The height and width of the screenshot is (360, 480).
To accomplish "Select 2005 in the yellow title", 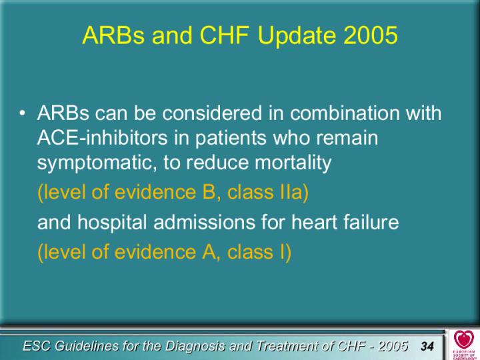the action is pos(371,35).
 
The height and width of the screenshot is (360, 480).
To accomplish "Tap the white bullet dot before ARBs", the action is pos(22,113).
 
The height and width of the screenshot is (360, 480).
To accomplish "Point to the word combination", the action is pos(345,113).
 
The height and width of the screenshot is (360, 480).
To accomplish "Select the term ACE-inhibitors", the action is pos(102,137).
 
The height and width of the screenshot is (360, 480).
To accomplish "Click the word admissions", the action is pos(205,222).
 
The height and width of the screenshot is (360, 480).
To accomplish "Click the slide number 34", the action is pos(427,346).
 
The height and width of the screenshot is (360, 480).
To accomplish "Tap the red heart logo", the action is pos(464,339).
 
